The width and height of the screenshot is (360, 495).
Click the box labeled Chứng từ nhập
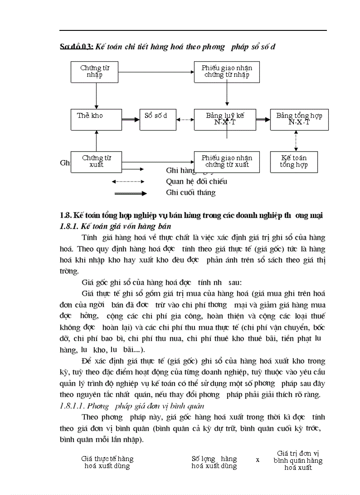[x=95, y=71]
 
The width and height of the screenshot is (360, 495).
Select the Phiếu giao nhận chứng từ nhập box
[x=226, y=71]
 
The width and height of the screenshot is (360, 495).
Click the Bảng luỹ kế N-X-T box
[x=225, y=119]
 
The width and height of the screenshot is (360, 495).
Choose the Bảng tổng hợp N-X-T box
[x=299, y=119]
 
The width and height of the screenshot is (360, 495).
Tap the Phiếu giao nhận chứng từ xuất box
[x=226, y=162]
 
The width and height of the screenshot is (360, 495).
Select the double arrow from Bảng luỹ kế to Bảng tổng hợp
[x=263, y=119]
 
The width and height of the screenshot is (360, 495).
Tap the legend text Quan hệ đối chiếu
[x=196, y=181]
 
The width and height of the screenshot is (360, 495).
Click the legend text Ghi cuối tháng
[x=191, y=193]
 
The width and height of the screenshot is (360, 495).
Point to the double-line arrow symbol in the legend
[x=131, y=193]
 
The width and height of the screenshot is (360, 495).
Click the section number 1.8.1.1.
[x=72, y=406]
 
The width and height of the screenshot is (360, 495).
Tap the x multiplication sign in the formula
[x=258, y=459]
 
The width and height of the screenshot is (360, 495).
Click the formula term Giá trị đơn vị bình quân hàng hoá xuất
[x=298, y=461]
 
